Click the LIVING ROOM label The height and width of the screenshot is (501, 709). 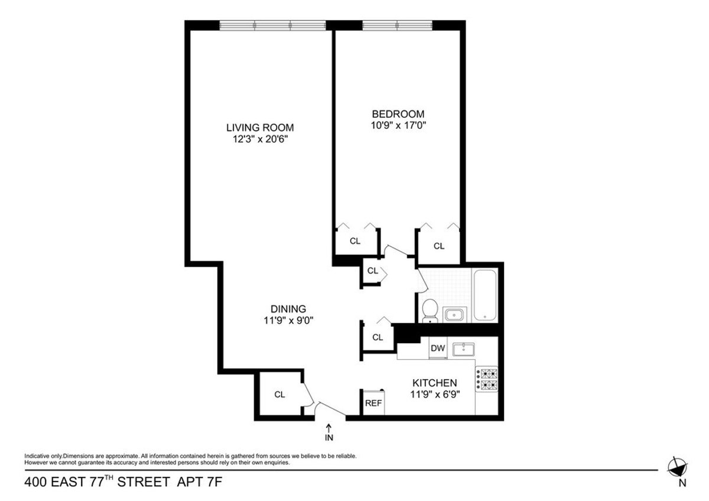pyautogui.click(x=260, y=127)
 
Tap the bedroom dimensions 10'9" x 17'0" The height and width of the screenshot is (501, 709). pyautogui.click(x=398, y=125)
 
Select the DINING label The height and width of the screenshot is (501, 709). pyautogui.click(x=288, y=308)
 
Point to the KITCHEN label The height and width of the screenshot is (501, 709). pyautogui.click(x=434, y=383)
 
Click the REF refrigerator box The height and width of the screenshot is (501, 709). pyautogui.click(x=373, y=403)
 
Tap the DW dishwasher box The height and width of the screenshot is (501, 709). pyautogui.click(x=437, y=348)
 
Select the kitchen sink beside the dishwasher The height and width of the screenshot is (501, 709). pyautogui.click(x=464, y=349)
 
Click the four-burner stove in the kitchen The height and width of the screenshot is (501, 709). pyautogui.click(x=487, y=379)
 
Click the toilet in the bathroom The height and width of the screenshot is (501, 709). pyautogui.click(x=430, y=310)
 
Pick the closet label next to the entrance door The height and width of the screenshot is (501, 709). pyautogui.click(x=279, y=395)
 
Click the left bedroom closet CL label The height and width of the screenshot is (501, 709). pyautogui.click(x=354, y=240)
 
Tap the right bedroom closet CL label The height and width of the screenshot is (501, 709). pyautogui.click(x=438, y=246)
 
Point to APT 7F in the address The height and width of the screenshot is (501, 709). pyautogui.click(x=200, y=483)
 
